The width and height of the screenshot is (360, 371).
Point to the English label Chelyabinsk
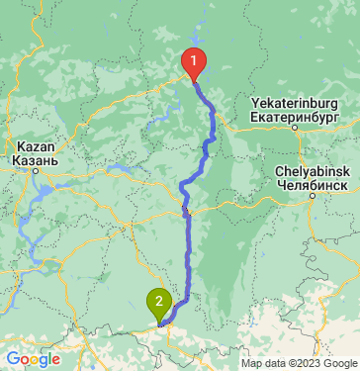[311, 171]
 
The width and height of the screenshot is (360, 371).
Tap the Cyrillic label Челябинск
[311, 184]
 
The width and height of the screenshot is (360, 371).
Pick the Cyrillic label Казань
[36, 159]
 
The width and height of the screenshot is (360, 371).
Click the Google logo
[33, 358]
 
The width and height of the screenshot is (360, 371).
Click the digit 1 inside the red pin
[194, 59]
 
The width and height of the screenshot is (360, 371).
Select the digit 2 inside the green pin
[159, 299]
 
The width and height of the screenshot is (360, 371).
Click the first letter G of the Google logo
[13, 358]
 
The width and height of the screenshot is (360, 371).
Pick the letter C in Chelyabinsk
[280, 171]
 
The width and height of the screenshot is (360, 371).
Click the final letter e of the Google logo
[55, 360]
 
